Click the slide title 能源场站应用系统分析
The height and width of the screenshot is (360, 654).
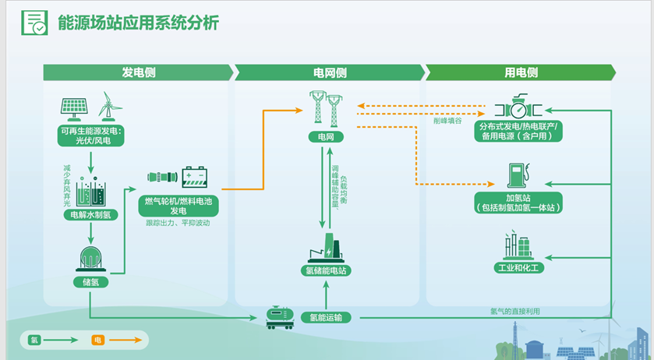138,23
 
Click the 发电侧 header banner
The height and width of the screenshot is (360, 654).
138,72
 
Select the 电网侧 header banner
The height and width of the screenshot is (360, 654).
329,72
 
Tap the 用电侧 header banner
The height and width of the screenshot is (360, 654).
520,72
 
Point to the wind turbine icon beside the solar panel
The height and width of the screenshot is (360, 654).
110,105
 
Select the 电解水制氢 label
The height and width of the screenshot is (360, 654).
92,215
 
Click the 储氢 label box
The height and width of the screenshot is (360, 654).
90,281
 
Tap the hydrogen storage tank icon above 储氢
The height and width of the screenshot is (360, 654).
91,259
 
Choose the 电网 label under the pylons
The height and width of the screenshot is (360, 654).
326,137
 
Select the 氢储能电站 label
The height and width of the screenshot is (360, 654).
326,271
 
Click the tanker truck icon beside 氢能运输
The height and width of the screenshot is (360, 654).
278,316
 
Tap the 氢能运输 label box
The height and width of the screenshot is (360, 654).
326,317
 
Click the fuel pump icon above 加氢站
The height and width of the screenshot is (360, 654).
517,175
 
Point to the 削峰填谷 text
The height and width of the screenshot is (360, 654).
448,121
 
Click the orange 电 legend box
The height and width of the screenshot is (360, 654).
97,340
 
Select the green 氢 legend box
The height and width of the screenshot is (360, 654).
34,340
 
